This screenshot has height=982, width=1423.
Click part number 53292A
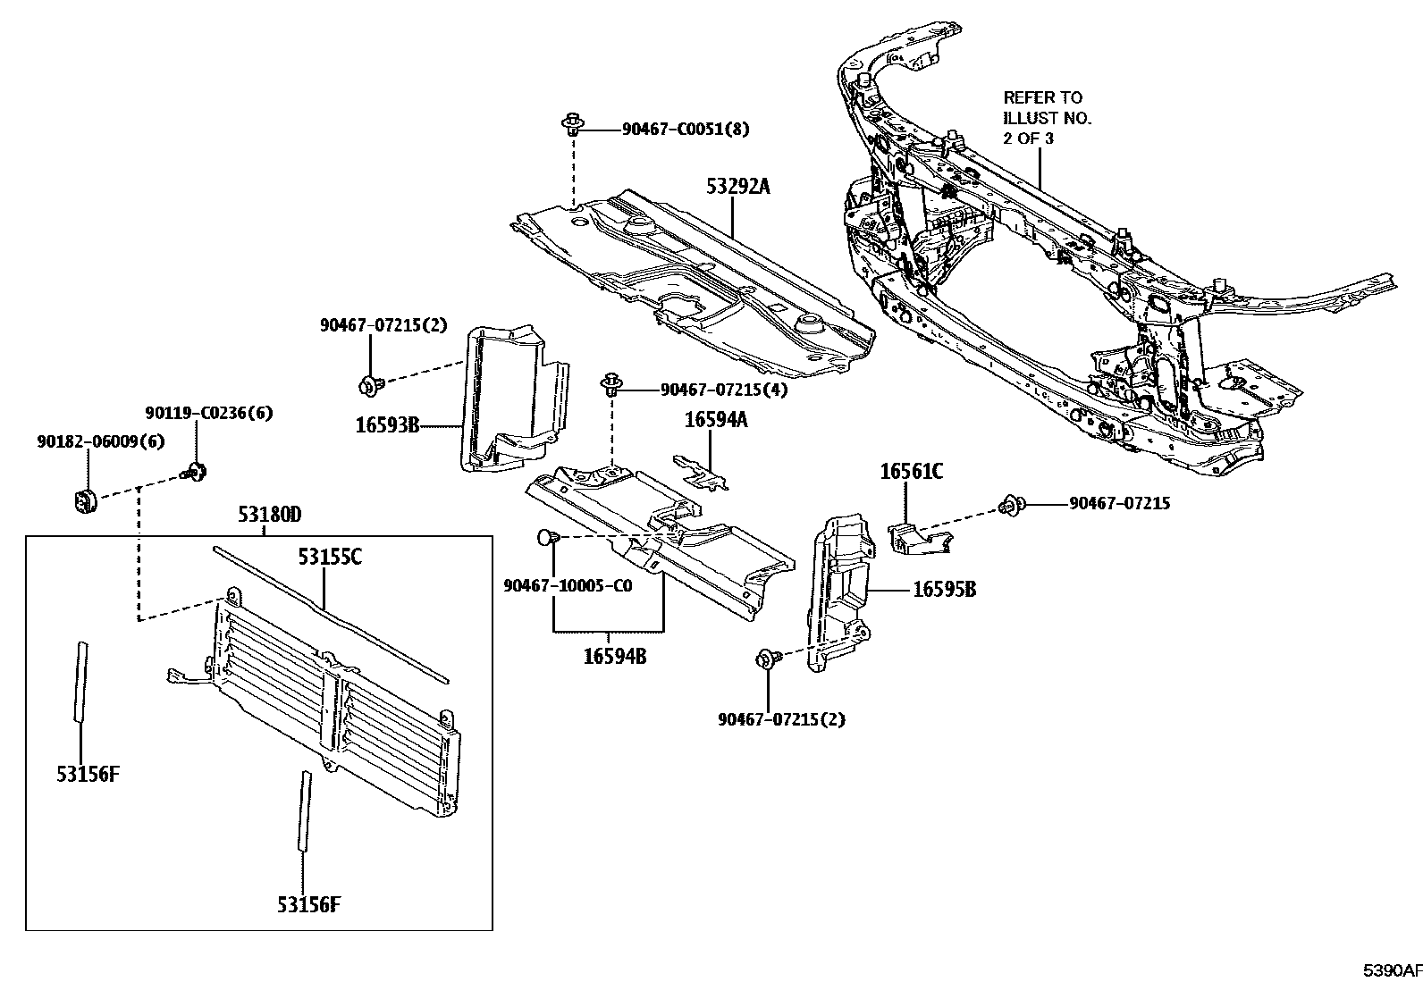tap(737, 187)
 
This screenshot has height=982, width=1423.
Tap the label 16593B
tap(387, 426)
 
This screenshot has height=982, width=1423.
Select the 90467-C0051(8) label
tap(686, 130)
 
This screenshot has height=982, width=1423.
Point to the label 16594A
tap(716, 420)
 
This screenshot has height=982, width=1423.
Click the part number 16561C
tap(911, 472)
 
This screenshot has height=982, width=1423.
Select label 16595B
tap(944, 590)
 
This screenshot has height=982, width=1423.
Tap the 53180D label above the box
tap(269, 516)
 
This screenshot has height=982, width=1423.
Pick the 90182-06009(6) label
tap(100, 441)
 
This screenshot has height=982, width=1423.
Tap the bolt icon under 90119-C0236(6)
tap(196, 471)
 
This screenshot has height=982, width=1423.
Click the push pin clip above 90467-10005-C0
tap(549, 538)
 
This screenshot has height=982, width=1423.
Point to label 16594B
tap(614, 657)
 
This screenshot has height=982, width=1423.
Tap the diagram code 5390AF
tap(1391, 970)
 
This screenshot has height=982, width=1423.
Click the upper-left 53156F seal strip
tap(81, 679)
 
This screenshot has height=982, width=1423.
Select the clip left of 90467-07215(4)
tap(611, 385)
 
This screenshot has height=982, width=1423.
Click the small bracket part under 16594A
tap(704, 474)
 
